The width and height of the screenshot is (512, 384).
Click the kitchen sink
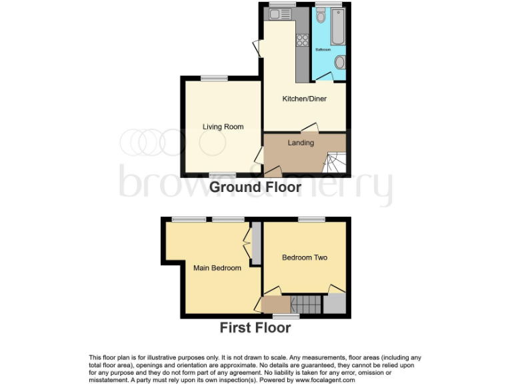(277, 15)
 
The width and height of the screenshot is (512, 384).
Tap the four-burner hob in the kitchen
(301, 40)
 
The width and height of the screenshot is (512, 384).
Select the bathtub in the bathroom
(335, 27)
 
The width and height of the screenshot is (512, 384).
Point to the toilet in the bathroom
(339, 63)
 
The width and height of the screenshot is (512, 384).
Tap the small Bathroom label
(323, 50)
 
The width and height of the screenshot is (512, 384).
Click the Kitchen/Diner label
(303, 99)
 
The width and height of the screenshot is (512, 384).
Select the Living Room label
(223, 127)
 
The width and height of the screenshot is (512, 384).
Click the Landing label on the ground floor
(301, 143)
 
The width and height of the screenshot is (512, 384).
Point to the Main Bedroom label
(217, 268)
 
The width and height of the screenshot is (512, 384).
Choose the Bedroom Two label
(305, 257)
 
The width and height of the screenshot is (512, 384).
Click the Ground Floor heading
(255, 188)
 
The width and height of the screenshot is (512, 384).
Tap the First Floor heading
(255, 327)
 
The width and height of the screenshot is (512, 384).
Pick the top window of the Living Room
(214, 78)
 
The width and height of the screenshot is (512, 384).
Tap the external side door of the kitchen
(257, 49)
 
